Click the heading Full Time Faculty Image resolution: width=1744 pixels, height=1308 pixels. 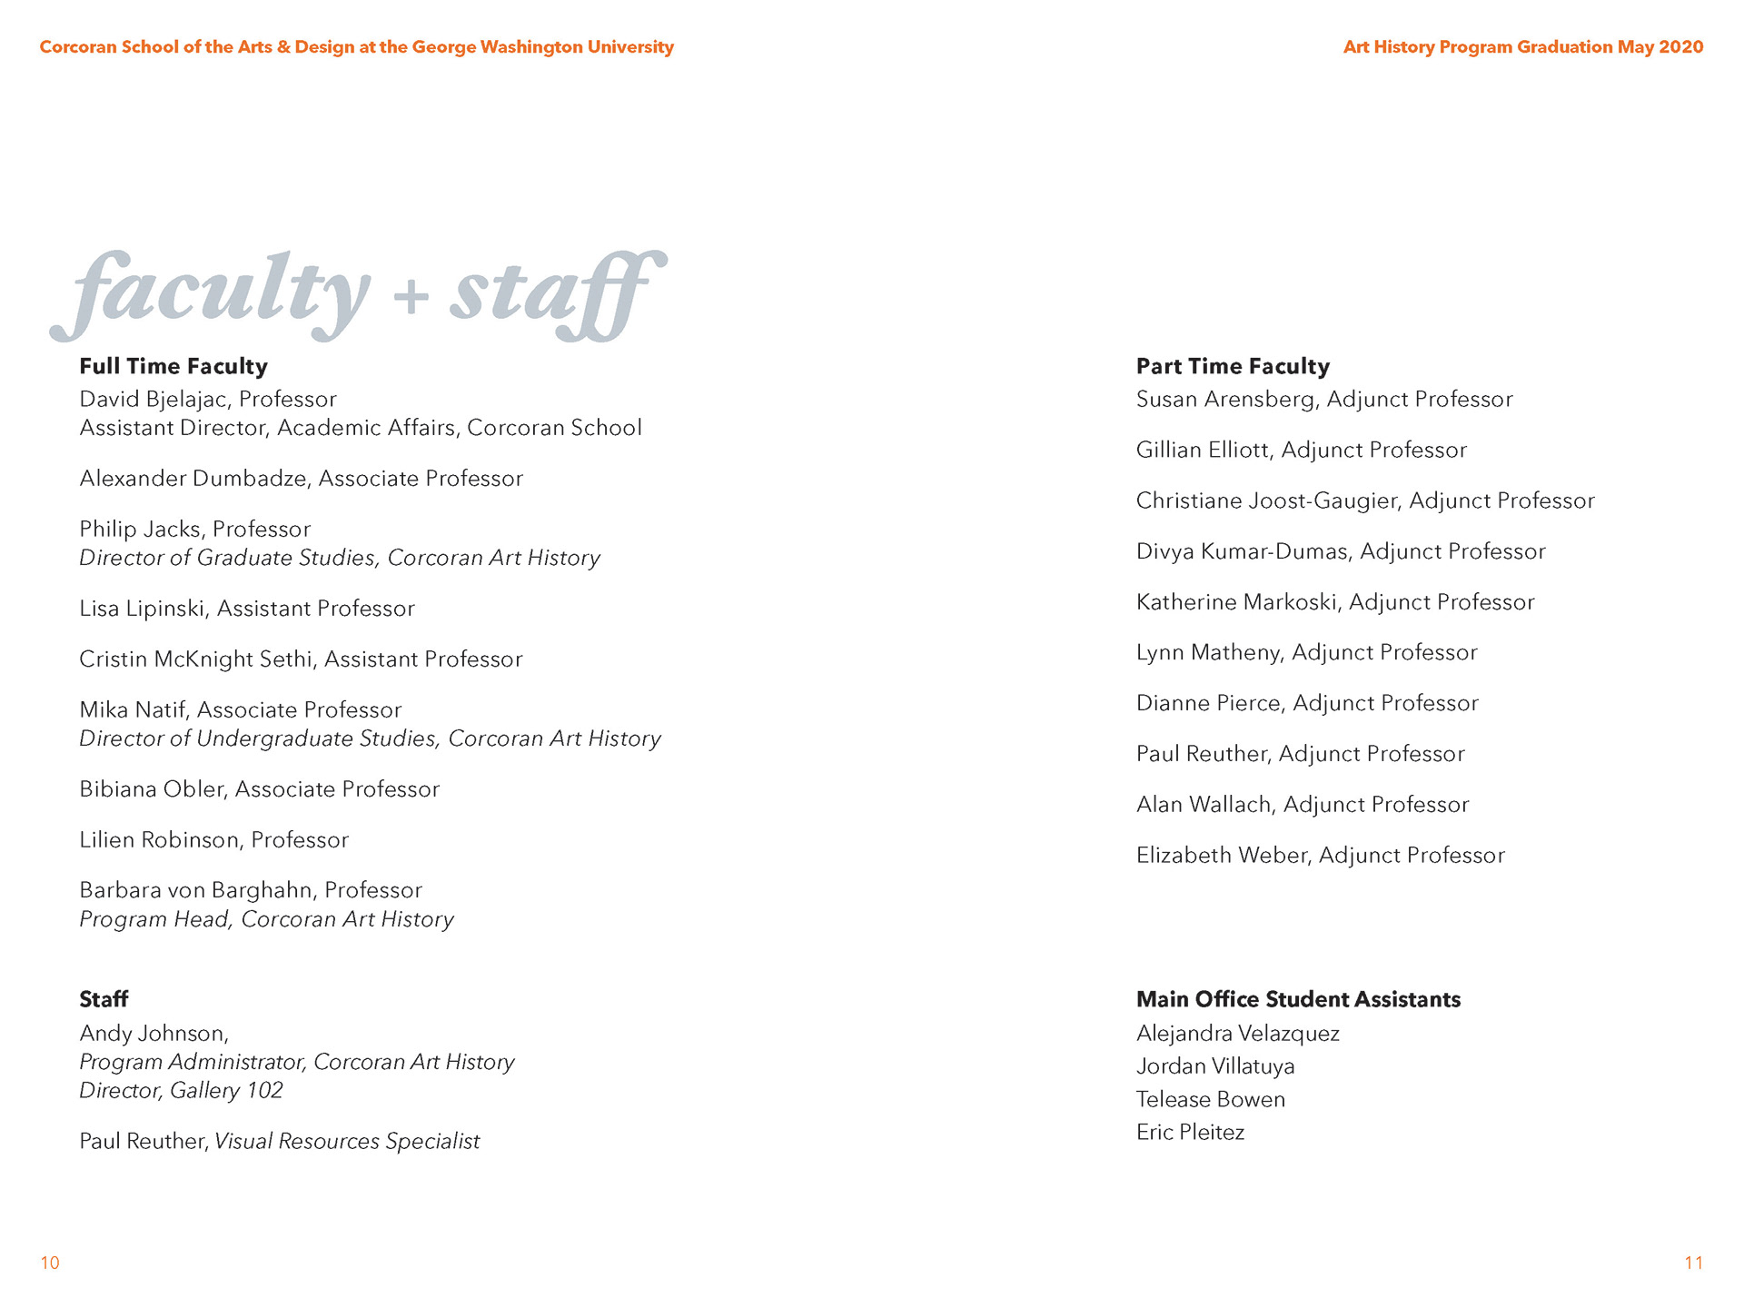pyautogui.click(x=173, y=366)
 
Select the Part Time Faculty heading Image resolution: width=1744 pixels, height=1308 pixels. pyautogui.click(x=1233, y=366)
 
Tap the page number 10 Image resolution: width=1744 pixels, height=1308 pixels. pyautogui.click(x=50, y=1263)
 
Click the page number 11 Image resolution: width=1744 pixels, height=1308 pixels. pyautogui.click(x=1693, y=1263)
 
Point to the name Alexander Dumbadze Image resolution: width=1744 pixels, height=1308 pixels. pyautogui.click(x=193, y=479)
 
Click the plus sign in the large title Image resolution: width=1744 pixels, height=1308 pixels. pyautogui.click(x=411, y=296)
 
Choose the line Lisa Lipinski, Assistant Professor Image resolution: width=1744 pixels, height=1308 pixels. pyautogui.click(x=247, y=609)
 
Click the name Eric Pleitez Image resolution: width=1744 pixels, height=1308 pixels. pyautogui.click(x=1190, y=1133)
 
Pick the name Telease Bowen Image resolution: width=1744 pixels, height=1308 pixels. pyautogui.click(x=1210, y=1100)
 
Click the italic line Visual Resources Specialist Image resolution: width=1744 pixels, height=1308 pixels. pyautogui.click(x=347, y=1142)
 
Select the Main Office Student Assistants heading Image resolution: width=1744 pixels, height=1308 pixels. pyautogui.click(x=1298, y=999)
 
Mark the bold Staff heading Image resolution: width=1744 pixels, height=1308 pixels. pyautogui.click(x=104, y=999)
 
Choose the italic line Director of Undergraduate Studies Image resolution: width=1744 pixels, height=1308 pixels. pyautogui.click(x=259, y=738)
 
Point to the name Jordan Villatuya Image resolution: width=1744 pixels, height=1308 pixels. pyautogui.click(x=1215, y=1066)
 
